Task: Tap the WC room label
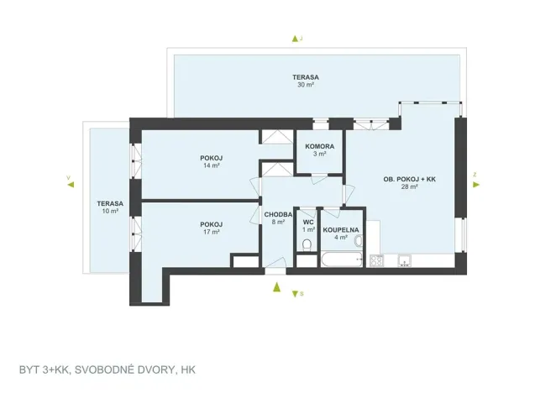[308, 222]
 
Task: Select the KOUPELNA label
[342, 228]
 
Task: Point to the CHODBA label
[278, 215]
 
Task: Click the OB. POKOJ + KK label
[409, 179]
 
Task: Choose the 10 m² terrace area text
[109, 211]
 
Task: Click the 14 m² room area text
[211, 166]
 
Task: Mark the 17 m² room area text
[211, 232]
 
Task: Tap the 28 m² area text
[409, 187]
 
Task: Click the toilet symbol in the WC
[307, 245]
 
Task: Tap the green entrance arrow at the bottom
[275, 287]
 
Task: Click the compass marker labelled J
[295, 39]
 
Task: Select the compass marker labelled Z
[475, 176]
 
